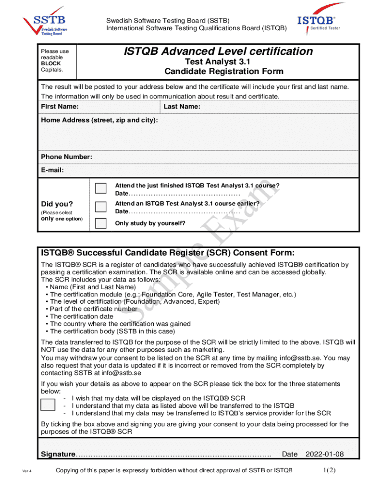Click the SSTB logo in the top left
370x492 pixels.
(45, 22)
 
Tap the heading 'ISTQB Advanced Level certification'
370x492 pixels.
(218, 51)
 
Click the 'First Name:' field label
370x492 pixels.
(60, 106)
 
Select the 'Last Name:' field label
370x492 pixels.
(183, 106)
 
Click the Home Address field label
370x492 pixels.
(99, 120)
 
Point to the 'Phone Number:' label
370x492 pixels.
(66, 157)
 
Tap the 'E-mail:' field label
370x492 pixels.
(52, 170)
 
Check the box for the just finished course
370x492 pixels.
(101, 188)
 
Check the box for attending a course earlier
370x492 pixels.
(101, 207)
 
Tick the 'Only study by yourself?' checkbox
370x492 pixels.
(101, 223)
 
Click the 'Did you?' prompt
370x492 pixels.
(57, 204)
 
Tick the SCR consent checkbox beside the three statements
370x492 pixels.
(48, 405)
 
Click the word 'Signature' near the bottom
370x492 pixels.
(58, 455)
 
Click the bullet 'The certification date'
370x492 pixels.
(82, 316)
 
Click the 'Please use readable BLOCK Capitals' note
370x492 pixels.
(55, 60)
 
